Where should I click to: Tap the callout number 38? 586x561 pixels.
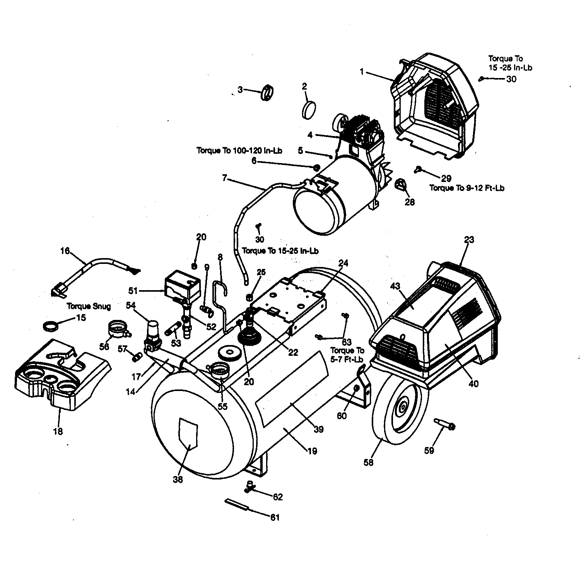178,479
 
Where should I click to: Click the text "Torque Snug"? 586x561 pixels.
89,306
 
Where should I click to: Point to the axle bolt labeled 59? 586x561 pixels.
445,423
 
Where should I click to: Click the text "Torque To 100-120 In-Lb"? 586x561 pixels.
239,150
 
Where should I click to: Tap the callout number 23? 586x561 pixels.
469,240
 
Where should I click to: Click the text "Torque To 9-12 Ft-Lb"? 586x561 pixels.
467,188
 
